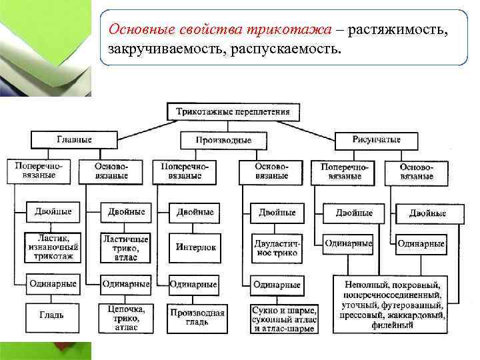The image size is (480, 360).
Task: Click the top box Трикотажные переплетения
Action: (x=233, y=111)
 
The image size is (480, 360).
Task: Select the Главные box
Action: (x=74, y=140)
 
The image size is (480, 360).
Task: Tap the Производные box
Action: (x=223, y=141)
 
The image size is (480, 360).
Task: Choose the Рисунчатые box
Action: (x=377, y=140)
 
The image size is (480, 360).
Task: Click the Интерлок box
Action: (x=196, y=247)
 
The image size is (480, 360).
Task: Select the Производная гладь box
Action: (x=197, y=317)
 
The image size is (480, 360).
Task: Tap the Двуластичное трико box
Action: (x=276, y=247)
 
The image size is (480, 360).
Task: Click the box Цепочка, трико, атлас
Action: (x=125, y=317)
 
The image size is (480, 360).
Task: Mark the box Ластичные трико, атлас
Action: (x=125, y=247)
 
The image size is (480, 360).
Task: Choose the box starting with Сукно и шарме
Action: (x=285, y=317)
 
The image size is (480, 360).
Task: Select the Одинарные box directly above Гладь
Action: (x=53, y=283)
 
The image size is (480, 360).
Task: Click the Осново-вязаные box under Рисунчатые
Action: (x=417, y=171)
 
